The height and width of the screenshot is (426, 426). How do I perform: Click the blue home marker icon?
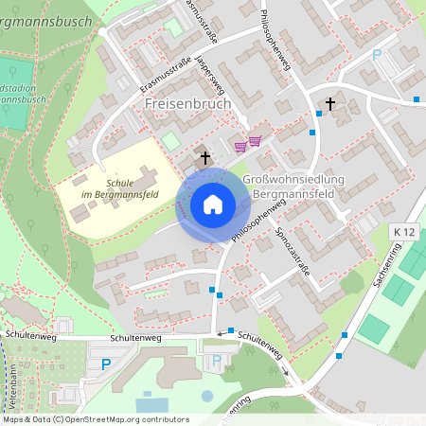click(x=213, y=204)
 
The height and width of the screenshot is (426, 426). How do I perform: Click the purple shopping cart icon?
click(x=253, y=143)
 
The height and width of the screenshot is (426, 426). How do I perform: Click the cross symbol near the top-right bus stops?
click(x=330, y=103)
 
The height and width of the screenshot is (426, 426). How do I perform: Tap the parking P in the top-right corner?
click(x=376, y=55)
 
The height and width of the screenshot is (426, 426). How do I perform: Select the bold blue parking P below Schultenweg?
click(x=106, y=364)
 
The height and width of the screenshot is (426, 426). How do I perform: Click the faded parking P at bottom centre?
click(x=218, y=360)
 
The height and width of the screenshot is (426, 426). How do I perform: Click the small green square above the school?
click(x=169, y=141)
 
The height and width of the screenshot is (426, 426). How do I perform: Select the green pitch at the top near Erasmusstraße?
click(x=173, y=27)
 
